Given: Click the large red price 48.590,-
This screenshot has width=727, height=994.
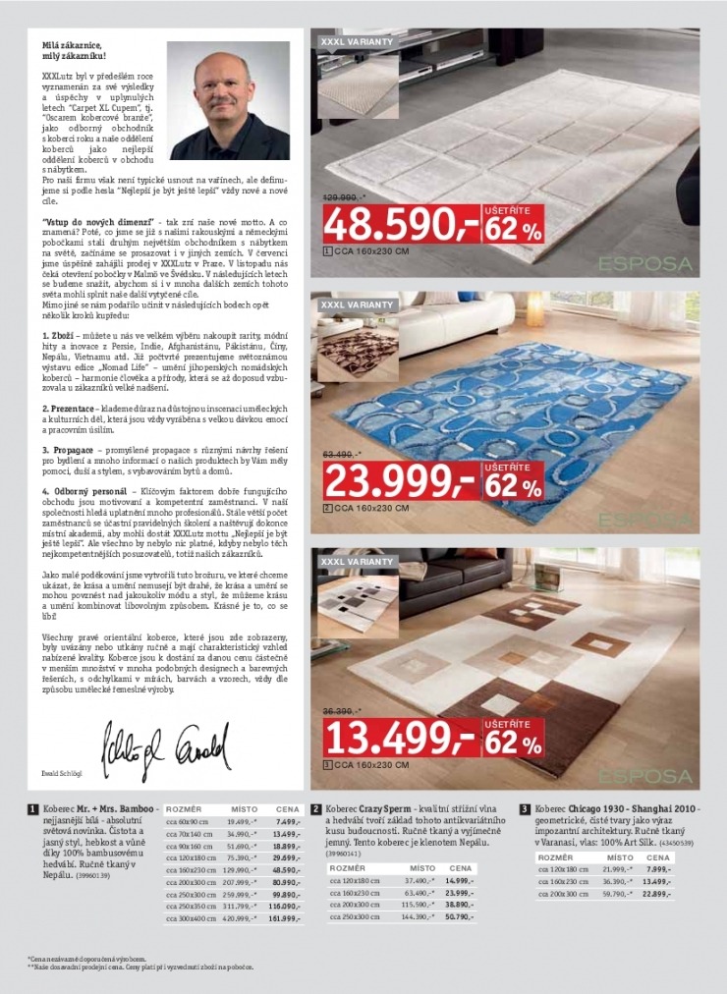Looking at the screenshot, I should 401,227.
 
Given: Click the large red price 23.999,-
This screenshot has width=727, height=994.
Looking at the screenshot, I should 401,482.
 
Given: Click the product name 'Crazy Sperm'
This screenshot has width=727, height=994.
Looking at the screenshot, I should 387,809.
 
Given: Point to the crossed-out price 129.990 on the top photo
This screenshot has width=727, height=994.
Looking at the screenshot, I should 345,197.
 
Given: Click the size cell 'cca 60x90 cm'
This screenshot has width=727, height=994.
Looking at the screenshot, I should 188,821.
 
